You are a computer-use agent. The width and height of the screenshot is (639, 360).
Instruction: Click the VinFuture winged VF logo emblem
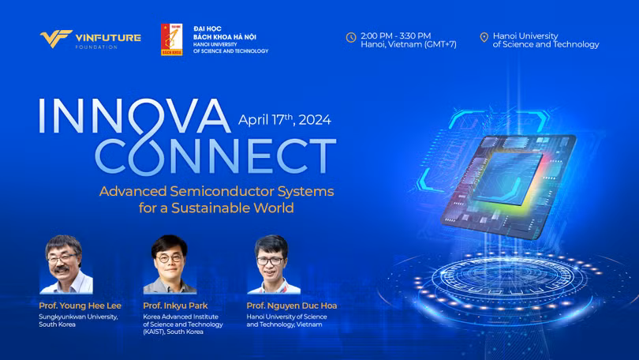pyautogui.click(x=56, y=39)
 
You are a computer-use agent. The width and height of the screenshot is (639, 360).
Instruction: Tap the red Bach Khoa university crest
pyautogui.click(x=171, y=39)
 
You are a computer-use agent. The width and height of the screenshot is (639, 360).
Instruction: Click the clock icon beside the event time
pyautogui.click(x=351, y=38)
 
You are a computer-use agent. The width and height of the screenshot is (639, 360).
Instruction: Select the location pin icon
pyautogui.click(x=484, y=38)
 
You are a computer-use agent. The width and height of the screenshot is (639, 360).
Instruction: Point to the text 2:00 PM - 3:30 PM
pyautogui.click(x=395, y=36)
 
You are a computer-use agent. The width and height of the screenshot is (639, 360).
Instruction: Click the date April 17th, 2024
pyautogui.click(x=285, y=119)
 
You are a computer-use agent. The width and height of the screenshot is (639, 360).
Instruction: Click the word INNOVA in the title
pyautogui.click(x=134, y=116)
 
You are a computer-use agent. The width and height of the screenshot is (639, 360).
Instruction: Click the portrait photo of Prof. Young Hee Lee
pyautogui.click(x=66, y=264)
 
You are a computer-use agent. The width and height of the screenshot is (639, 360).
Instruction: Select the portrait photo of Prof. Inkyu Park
pyautogui.click(x=170, y=264)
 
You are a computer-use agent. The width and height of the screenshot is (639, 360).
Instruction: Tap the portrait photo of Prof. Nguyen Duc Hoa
pyautogui.click(x=274, y=264)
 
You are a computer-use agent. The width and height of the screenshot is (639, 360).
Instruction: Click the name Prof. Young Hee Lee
pyautogui.click(x=80, y=306)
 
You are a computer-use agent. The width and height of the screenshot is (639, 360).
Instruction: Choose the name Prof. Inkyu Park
pyautogui.click(x=175, y=306)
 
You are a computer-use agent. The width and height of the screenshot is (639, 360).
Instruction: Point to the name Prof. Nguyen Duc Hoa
pyautogui.click(x=292, y=306)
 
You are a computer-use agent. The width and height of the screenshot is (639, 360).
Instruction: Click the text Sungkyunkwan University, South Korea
pyautogui.click(x=78, y=321)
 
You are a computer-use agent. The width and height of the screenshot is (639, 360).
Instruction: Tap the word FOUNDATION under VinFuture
pyautogui.click(x=96, y=47)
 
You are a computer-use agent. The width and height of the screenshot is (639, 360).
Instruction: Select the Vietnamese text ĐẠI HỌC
pyautogui.click(x=207, y=28)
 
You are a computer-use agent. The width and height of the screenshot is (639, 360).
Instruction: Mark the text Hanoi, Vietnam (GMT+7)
pyautogui.click(x=409, y=44)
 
